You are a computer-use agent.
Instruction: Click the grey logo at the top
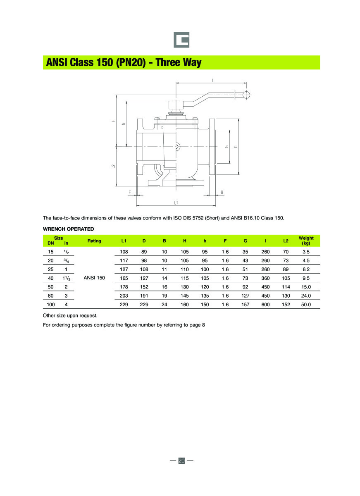pyautogui.click(x=181, y=40)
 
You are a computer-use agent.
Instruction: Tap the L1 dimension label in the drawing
pyautogui.click(x=176, y=203)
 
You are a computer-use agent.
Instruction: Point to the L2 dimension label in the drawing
pyautogui.click(x=113, y=166)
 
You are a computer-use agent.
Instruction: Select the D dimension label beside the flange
pyautogui.click(x=235, y=146)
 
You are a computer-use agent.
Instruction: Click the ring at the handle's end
pyautogui.click(x=246, y=95)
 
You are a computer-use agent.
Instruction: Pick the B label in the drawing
pyautogui.click(x=222, y=192)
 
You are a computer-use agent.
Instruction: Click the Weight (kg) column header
pyautogui.click(x=306, y=241)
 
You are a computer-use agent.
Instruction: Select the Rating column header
pyautogui.click(x=94, y=241)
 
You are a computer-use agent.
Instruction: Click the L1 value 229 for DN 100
pyautogui.click(x=124, y=305)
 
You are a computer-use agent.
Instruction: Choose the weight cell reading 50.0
pyautogui.click(x=306, y=305)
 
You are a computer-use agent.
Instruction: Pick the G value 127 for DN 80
pyautogui.click(x=246, y=296)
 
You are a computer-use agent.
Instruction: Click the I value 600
pyautogui.click(x=266, y=305)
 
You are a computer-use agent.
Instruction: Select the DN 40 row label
pyautogui.click(x=51, y=278)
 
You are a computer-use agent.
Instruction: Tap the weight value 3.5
pyautogui.click(x=306, y=252)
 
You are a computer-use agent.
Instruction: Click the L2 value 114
pyautogui.click(x=286, y=287)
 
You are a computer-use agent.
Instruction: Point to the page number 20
pyautogui.click(x=181, y=460)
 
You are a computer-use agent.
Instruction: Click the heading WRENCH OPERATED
pyautogui.click(x=69, y=229)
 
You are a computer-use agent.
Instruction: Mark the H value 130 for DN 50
pyautogui.click(x=185, y=287)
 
